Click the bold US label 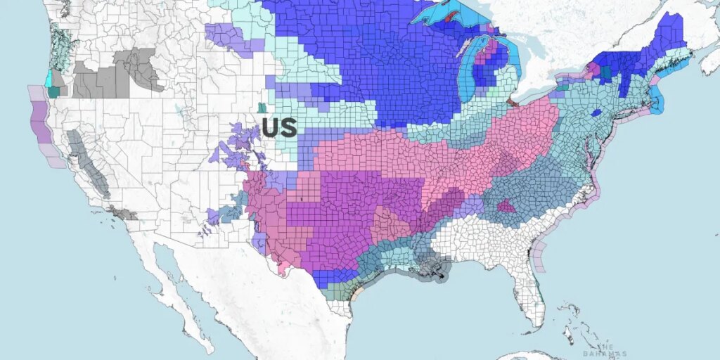coord(279,127)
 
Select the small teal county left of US coord(262,108)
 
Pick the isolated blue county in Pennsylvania coord(596,112)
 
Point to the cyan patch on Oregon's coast coord(49,79)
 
